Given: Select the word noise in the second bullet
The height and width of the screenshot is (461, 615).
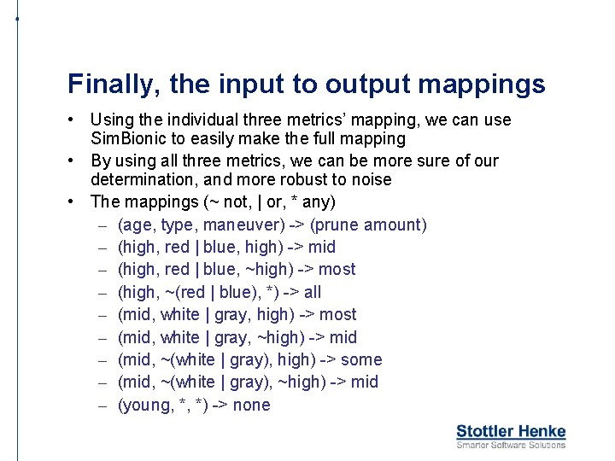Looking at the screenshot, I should (x=372, y=179).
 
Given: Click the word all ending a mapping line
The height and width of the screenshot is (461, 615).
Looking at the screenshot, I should (x=313, y=292).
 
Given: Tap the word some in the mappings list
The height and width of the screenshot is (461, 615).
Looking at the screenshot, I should (x=361, y=359).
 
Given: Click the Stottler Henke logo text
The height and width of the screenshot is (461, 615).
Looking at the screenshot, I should (x=511, y=432).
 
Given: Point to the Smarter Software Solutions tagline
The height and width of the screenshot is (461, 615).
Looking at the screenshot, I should (x=511, y=445).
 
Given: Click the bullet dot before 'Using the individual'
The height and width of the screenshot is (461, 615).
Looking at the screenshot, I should (x=74, y=120).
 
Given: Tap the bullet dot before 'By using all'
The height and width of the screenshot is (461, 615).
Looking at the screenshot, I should (x=74, y=160).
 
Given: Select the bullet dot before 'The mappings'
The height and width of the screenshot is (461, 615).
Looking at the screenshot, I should (x=74, y=201).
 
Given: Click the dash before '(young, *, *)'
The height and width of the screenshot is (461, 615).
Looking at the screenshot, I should (x=102, y=405).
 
